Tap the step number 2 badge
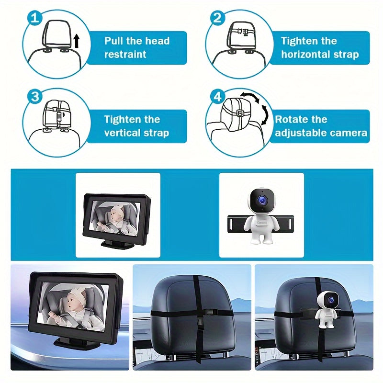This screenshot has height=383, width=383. [x=218, y=18]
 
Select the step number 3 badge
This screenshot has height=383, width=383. [x=34, y=97]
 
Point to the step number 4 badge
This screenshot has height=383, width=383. [x=218, y=97]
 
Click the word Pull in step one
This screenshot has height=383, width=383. [x=115, y=41]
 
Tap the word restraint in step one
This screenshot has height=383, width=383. [x=125, y=55]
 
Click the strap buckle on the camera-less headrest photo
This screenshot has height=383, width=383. [x=207, y=314]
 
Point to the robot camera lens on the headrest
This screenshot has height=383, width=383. [x=330, y=300]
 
